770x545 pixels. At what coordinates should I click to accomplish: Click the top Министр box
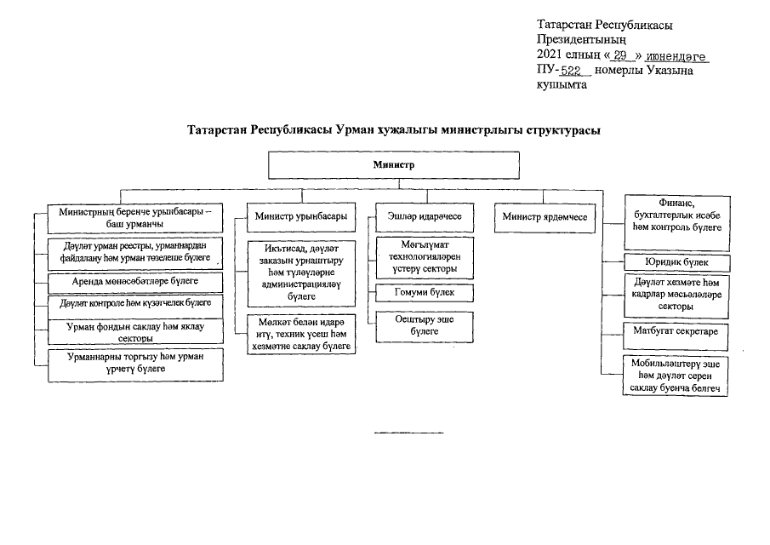(x=393, y=164)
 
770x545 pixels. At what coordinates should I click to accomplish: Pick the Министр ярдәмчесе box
(x=545, y=217)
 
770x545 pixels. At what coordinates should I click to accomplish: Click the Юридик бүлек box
(x=676, y=262)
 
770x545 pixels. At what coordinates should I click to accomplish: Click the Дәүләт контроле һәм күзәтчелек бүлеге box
(x=135, y=302)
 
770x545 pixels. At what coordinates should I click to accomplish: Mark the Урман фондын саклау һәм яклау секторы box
(x=135, y=331)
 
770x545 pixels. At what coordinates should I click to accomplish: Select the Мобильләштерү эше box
(x=676, y=376)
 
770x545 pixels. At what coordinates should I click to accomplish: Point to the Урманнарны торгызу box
(x=135, y=364)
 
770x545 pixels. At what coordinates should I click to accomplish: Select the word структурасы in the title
(x=560, y=130)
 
